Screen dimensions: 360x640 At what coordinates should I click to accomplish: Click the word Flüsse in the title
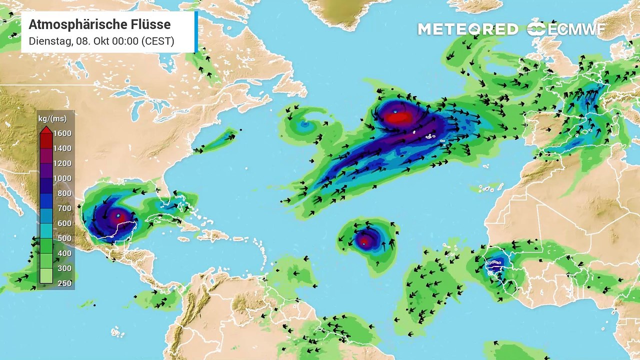pyautogui.click(x=152, y=24)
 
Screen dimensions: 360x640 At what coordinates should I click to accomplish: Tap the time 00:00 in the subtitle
pyautogui.click(x=123, y=41)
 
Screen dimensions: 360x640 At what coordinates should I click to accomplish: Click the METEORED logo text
pyautogui.click(x=468, y=29)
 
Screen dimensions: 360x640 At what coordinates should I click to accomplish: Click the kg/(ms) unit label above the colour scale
pyautogui.click(x=52, y=119)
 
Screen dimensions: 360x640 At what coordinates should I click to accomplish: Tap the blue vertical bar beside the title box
pyautogui.click(x=196, y=31)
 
